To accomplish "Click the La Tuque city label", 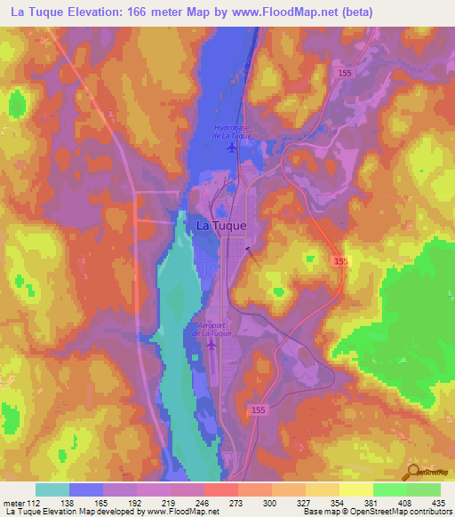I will tap(220, 226).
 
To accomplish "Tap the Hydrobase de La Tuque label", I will tap(234, 131).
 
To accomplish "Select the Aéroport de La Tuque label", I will tap(212, 329).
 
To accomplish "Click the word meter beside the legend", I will tap(16, 502).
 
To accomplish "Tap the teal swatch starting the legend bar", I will tap(52, 489).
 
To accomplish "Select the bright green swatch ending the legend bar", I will tap(423, 489).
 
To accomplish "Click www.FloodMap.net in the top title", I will tap(278, 12).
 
